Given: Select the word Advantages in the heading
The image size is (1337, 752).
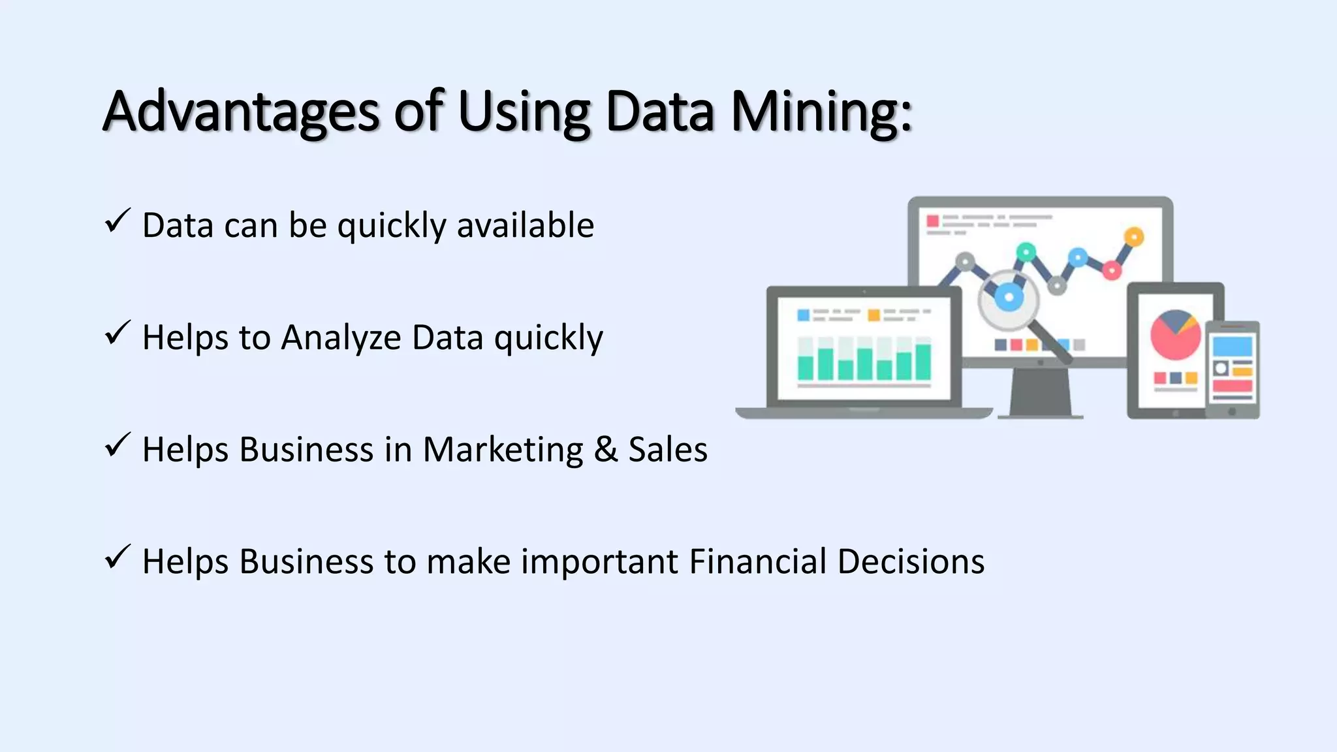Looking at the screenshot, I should (241, 112).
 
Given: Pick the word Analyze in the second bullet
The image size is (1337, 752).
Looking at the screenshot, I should (341, 338).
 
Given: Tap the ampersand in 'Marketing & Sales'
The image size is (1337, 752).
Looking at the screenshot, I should (606, 450).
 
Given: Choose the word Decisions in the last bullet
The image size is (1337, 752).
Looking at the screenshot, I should (911, 561).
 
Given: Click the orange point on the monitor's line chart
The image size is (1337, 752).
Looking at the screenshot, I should (1134, 236).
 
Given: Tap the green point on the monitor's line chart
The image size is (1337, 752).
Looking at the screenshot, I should (1026, 251).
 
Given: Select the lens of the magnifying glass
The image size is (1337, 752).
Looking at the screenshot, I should (1009, 298).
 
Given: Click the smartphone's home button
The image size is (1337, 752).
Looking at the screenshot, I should (1232, 412).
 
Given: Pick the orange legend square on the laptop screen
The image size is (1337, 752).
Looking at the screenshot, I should (873, 316).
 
